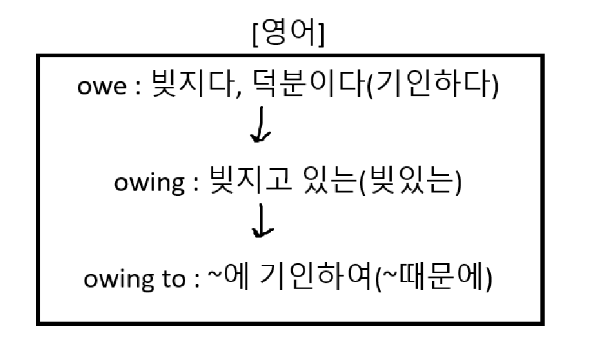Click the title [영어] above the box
point(289,35)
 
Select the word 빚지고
point(242,182)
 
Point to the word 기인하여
point(314,278)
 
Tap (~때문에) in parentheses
point(433,278)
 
